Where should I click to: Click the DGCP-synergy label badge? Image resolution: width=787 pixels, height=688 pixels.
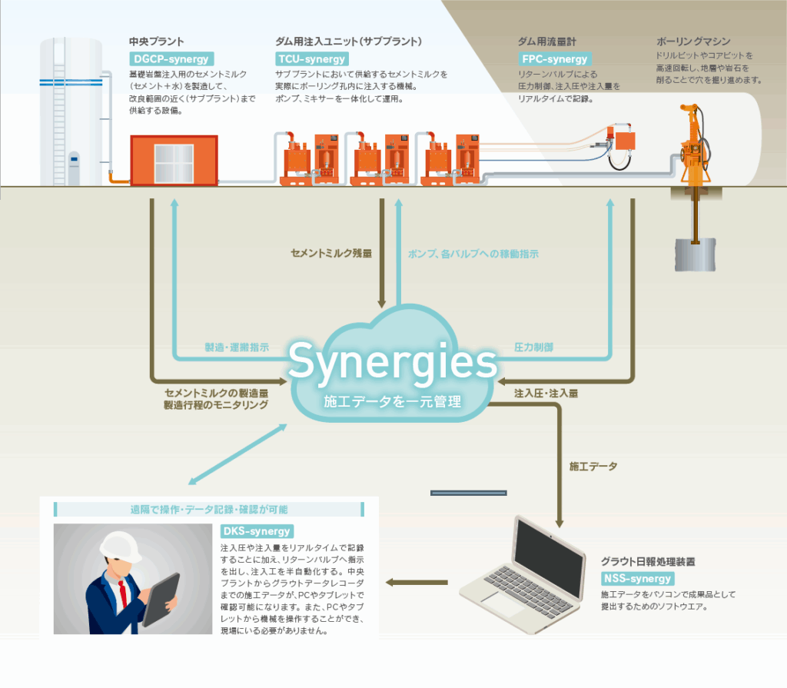click(169, 58)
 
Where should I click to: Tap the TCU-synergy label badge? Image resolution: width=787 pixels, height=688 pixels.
click(312, 58)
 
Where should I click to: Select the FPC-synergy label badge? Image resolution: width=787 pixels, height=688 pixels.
click(554, 58)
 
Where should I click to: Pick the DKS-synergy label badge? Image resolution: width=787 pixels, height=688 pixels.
click(257, 530)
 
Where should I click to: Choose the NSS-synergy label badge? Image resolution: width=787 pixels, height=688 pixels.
click(637, 578)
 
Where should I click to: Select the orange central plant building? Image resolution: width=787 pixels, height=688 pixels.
click(174, 160)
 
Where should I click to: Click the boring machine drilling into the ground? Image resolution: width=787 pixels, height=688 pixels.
click(693, 146)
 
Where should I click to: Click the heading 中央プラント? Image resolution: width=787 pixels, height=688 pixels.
click(157, 41)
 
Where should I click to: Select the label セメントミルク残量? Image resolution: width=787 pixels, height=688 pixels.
click(331, 252)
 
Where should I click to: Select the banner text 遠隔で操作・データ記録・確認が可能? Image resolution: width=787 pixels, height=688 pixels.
click(209, 509)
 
